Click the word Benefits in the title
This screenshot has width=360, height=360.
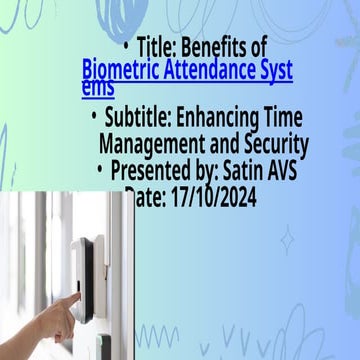(x=216, y=47)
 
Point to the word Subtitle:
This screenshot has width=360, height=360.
(x=141, y=119)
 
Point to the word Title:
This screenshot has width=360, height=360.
(x=155, y=47)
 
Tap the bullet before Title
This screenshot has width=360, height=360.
(x=126, y=47)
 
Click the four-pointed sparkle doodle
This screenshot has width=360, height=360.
(x=287, y=240)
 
